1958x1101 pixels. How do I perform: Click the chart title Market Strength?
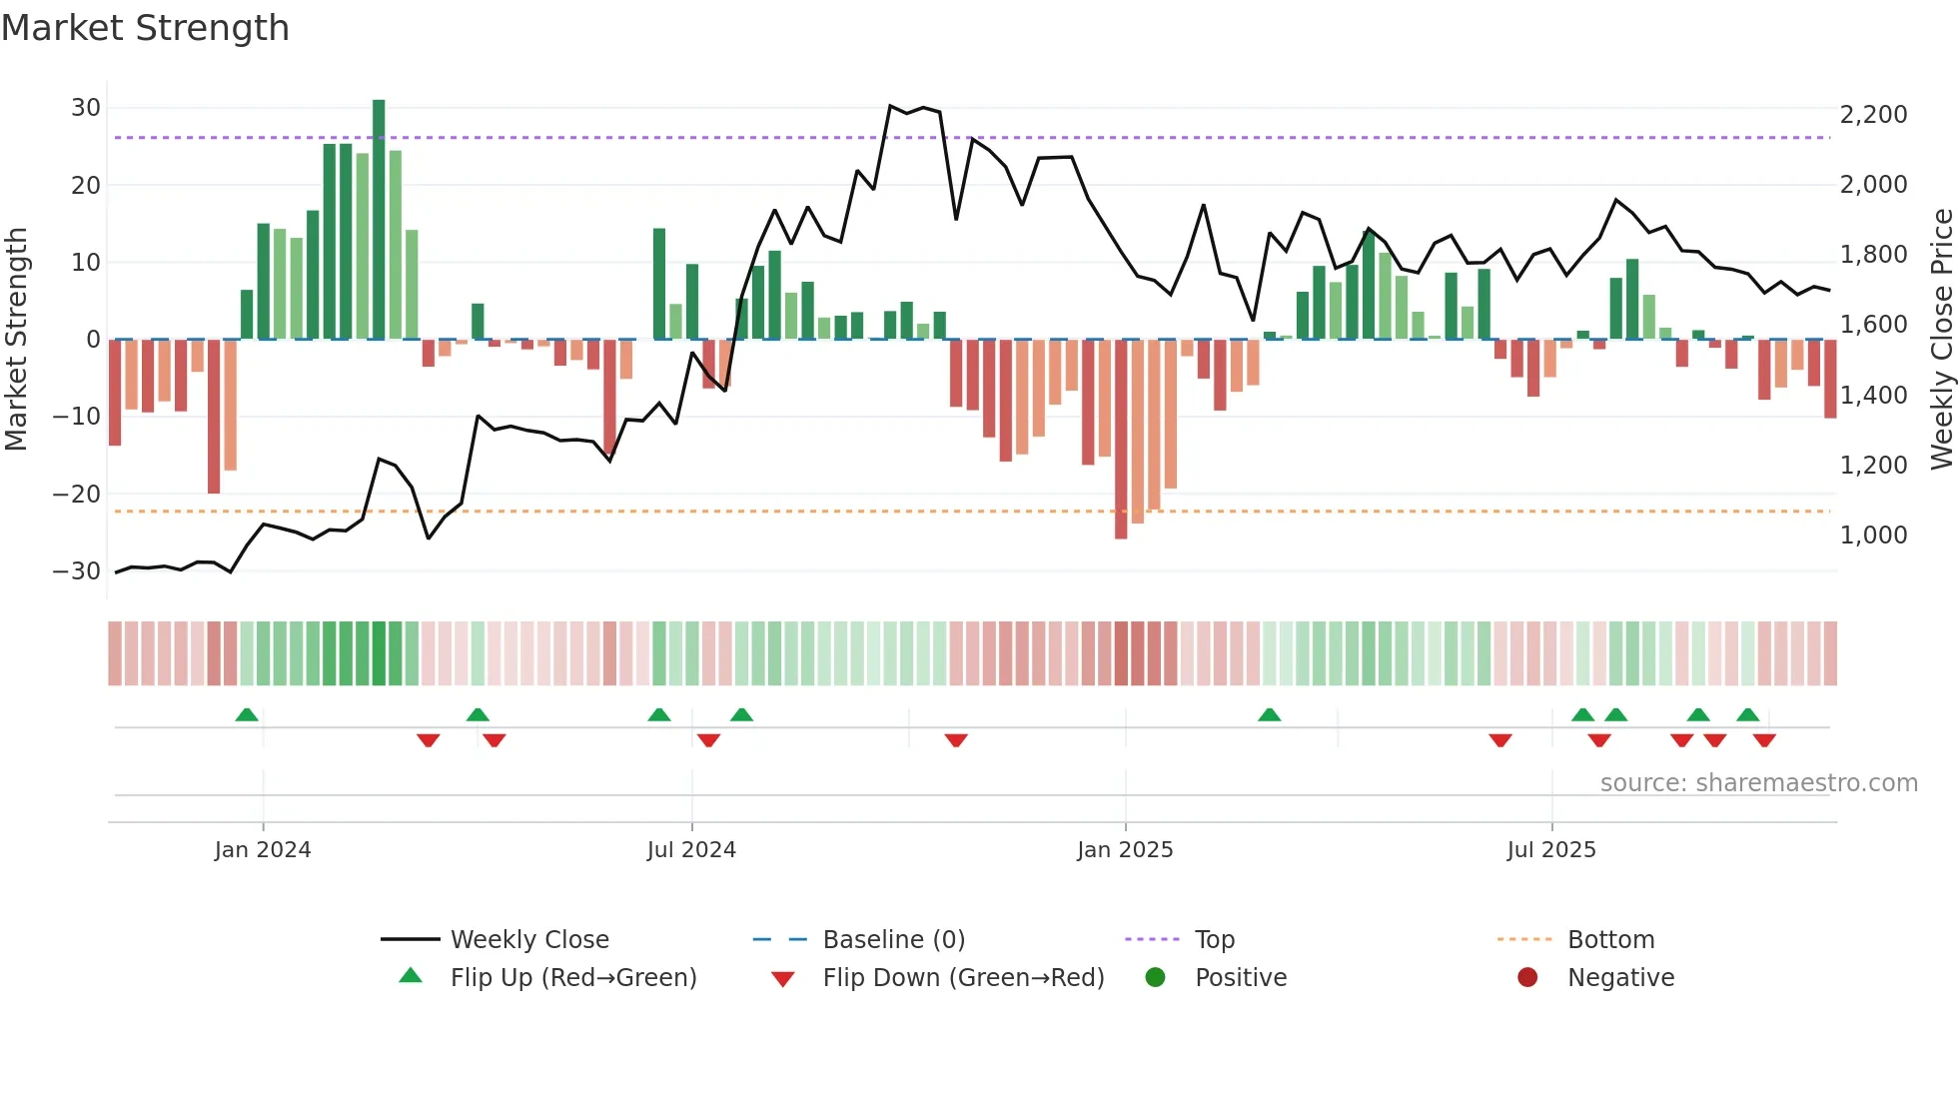[145, 28]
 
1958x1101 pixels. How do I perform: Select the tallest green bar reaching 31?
[379, 220]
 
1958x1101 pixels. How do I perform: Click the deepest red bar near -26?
[1121, 440]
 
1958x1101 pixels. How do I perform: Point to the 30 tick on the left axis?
[86, 108]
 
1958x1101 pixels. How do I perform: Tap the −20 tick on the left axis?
[77, 494]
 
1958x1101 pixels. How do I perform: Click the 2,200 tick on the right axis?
[1873, 115]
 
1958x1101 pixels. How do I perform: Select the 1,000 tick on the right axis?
[1873, 536]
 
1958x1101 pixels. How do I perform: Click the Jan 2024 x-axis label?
[263, 850]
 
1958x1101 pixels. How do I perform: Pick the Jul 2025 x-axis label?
[1550, 850]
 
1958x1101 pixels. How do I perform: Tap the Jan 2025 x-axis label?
[1125, 850]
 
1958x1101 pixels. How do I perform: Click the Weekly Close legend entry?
[528, 940]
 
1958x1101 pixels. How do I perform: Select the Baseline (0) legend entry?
[893, 940]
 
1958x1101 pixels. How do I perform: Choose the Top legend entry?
[1214, 940]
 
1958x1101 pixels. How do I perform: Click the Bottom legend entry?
[1610, 940]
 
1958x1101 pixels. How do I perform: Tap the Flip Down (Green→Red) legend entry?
[963, 978]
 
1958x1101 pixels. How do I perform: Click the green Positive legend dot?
[1156, 978]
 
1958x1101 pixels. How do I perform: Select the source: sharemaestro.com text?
[1758, 783]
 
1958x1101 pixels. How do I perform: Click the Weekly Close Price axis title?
[1941, 340]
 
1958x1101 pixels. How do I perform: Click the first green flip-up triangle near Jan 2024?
[247, 714]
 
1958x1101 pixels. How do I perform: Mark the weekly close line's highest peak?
[890, 106]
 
